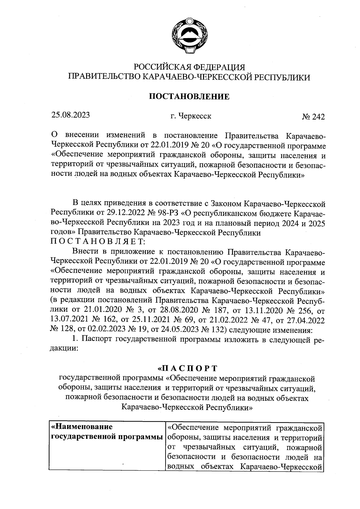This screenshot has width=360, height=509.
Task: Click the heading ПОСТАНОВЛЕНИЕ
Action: coord(189,96)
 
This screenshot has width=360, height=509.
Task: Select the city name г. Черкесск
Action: coord(190,116)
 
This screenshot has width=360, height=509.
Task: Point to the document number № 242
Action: coord(313,117)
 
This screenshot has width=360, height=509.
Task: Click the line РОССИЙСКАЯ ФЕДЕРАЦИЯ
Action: coord(189,67)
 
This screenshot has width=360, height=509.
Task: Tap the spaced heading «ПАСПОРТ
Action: coord(187,368)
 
